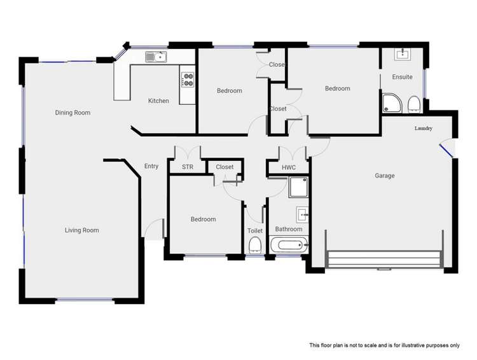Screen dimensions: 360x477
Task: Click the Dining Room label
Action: [x=73, y=113]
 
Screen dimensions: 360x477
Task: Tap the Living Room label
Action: [x=81, y=230]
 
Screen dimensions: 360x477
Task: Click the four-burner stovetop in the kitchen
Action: [x=188, y=80]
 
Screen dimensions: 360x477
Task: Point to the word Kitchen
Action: [x=158, y=100]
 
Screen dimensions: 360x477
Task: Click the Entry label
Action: [x=151, y=167]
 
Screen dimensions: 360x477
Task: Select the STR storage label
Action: [x=187, y=167]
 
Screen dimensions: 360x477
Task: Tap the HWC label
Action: [x=289, y=167]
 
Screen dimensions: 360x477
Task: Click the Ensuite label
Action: [x=402, y=77]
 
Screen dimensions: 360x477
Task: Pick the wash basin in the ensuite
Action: [x=403, y=55]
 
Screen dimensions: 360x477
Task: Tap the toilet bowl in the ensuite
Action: [x=413, y=104]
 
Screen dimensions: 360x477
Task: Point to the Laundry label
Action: [x=424, y=128]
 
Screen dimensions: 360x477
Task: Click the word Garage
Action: [x=384, y=176]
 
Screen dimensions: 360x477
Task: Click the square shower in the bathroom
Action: [x=297, y=188]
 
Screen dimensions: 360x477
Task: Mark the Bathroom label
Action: [x=288, y=229]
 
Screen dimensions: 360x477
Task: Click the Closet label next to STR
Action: [x=225, y=167]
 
